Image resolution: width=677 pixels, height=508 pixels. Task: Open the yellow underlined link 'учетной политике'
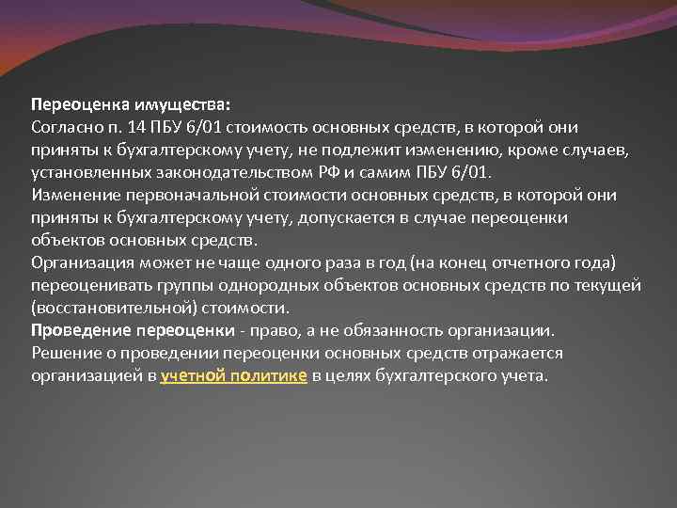click(233, 376)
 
